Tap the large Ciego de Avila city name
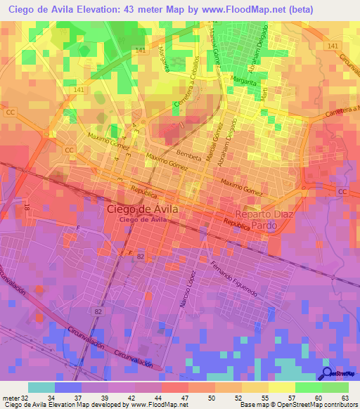click(143, 209)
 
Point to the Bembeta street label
click(188, 152)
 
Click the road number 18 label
click(27, 208)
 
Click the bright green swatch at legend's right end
click(335, 387)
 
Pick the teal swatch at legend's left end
click(41, 387)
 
